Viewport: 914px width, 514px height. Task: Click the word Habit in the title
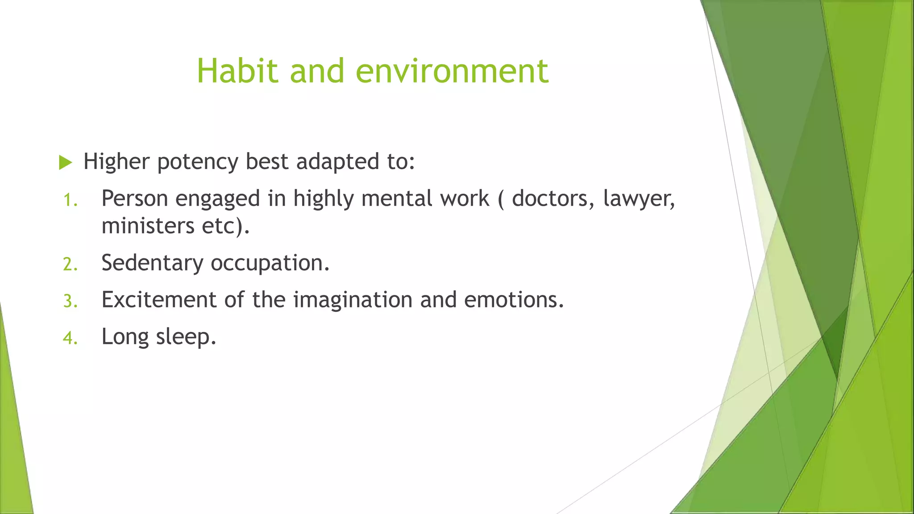click(238, 71)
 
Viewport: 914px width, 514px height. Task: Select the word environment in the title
click(452, 71)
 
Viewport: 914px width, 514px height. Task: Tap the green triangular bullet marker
click(65, 163)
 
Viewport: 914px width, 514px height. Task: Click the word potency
click(198, 162)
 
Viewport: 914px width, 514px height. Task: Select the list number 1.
click(70, 200)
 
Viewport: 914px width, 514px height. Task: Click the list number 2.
click(70, 264)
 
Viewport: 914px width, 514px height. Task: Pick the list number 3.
click(70, 301)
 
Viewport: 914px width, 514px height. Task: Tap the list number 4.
click(70, 338)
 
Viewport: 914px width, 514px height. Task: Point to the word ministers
click(148, 226)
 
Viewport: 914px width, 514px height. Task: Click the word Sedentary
click(152, 263)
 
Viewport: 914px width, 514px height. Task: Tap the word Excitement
click(159, 299)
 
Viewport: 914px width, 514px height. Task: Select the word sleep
click(186, 337)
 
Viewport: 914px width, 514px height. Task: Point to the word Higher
click(116, 162)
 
